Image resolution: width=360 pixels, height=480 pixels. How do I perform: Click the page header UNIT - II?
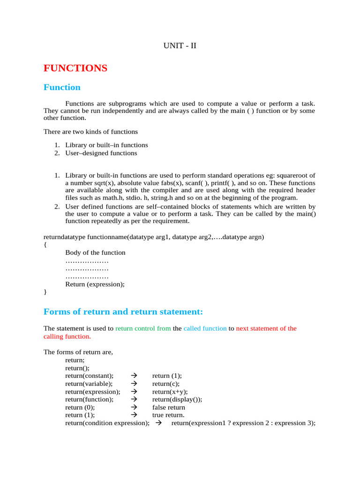[180, 45]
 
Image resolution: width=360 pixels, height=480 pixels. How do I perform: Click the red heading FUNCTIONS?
[75, 68]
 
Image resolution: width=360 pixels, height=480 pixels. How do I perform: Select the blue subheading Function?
[62, 87]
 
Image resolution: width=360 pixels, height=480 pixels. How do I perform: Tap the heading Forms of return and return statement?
[123, 312]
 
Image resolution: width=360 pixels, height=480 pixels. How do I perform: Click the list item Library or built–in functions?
[106, 145]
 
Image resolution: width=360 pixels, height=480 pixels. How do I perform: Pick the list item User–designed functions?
[101, 153]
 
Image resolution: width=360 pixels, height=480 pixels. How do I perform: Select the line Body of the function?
[95, 253]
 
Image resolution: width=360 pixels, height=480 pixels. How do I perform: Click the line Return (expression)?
[95, 284]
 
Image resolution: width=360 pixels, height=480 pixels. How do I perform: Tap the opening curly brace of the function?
[45, 245]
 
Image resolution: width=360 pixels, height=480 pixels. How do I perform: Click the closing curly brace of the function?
[45, 292]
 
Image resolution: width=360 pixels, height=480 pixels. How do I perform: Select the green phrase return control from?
[143, 329]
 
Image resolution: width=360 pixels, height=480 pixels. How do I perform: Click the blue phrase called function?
[205, 329]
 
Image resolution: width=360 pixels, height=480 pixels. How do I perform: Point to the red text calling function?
[67, 337]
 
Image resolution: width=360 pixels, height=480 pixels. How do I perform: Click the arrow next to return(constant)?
[133, 376]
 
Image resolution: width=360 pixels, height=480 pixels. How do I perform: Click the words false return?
[168, 407]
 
